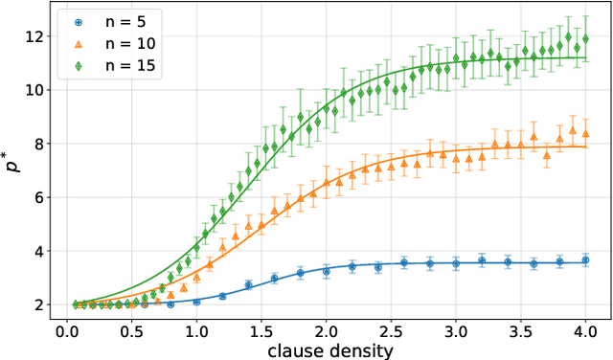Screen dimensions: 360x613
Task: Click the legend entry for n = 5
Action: (107, 20)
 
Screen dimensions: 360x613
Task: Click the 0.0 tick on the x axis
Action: (67, 330)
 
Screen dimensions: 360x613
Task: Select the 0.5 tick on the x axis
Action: (132, 330)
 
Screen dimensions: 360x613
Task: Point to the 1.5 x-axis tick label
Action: (261, 330)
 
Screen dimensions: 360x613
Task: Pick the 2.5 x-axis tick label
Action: (391, 330)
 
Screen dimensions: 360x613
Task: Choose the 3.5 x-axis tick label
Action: (520, 330)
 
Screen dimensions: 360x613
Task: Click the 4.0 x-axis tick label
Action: (585, 330)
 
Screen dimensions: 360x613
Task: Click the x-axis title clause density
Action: (326, 350)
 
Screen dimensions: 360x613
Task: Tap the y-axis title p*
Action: (12, 167)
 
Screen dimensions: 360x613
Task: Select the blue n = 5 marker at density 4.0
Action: (585, 259)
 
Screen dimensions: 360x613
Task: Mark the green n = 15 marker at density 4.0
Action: (585, 39)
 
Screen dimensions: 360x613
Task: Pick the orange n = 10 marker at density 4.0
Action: (585, 133)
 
